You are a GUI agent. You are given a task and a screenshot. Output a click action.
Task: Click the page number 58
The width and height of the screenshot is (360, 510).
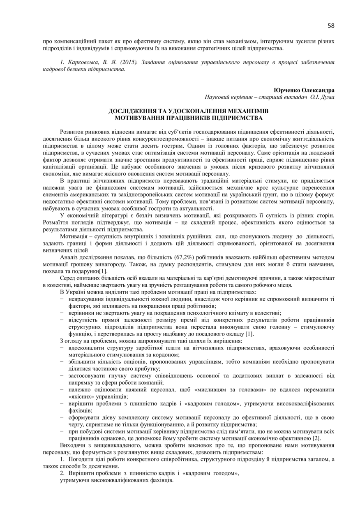click(331, 26)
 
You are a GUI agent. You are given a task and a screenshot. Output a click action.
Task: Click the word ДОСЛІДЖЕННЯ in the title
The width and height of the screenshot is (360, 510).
click(135, 111)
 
